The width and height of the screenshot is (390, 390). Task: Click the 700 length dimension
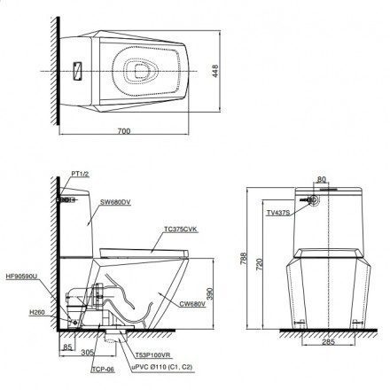(123, 131)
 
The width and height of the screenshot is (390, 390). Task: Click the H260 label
(37, 312)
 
